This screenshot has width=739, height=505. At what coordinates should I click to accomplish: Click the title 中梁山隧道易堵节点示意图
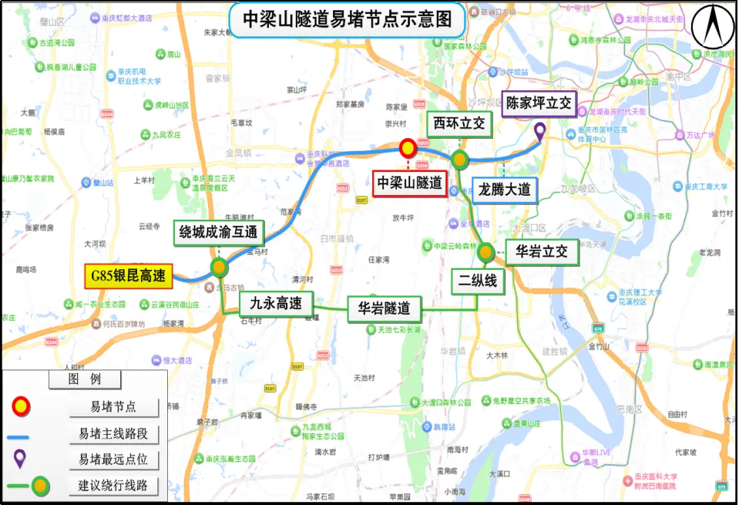348,19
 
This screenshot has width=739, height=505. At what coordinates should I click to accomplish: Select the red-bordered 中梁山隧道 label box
409,183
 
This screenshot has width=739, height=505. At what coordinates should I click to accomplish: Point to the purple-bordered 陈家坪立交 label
538,103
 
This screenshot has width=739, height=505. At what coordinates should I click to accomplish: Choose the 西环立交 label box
459,123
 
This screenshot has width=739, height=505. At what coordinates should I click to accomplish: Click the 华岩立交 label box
542,251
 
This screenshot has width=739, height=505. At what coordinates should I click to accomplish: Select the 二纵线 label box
478,281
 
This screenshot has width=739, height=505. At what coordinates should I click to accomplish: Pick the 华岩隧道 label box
384,309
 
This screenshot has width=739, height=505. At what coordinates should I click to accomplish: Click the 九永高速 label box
275,303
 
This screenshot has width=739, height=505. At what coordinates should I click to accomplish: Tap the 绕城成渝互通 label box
219,232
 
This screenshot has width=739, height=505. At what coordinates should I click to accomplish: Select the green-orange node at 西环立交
460,160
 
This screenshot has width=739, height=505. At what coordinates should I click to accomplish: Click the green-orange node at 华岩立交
485,252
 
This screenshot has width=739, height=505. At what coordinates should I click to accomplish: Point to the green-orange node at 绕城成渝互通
220,268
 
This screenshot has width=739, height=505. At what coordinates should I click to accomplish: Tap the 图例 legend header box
85,379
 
